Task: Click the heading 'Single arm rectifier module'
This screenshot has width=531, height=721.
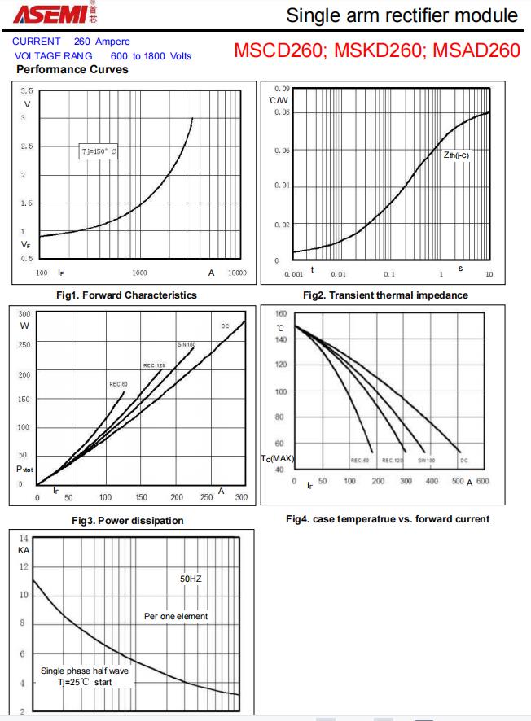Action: pos(402,15)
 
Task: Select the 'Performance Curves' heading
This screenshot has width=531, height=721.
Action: pos(72,69)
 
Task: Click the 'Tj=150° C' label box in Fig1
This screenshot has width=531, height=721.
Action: pos(99,152)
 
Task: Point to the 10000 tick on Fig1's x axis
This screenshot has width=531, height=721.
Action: pos(236,273)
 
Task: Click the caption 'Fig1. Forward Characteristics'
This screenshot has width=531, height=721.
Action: pos(126,295)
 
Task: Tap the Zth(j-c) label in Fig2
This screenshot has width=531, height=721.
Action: pos(456,155)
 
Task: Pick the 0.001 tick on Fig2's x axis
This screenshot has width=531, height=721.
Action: pos(293,274)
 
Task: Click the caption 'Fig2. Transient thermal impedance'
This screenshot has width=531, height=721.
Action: pos(385,295)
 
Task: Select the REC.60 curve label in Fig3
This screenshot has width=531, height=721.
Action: pos(118,383)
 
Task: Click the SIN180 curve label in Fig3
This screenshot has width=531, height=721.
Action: pos(186,344)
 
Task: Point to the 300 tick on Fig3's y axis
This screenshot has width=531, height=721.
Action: pos(24,313)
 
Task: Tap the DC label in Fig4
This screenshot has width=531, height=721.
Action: pos(463,461)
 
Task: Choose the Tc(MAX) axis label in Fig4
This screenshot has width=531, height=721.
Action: pos(278,459)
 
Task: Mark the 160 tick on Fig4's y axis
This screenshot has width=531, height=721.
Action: pos(280,313)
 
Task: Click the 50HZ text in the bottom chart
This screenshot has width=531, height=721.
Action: pos(191,579)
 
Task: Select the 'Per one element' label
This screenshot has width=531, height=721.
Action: pos(176,616)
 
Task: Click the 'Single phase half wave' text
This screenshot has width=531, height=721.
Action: pos(85,671)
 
